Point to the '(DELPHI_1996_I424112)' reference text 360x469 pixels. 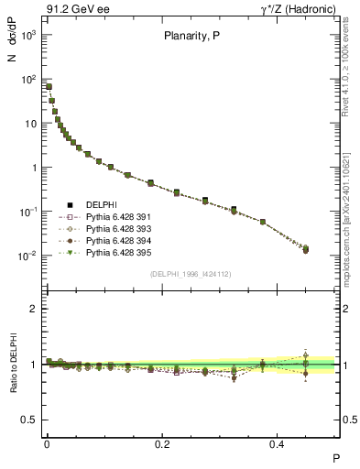191,273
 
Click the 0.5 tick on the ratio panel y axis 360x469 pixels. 30,420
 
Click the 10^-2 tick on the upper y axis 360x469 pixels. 30,256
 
